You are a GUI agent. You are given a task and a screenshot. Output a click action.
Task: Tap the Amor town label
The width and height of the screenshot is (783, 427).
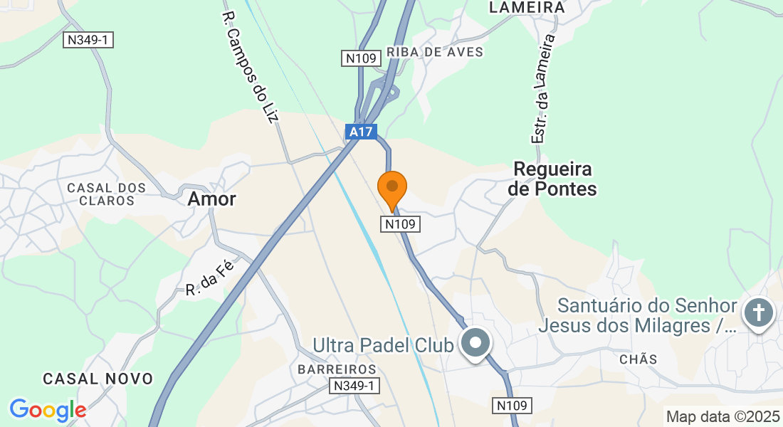211,199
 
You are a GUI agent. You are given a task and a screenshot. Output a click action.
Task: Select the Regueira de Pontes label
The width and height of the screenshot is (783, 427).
552,179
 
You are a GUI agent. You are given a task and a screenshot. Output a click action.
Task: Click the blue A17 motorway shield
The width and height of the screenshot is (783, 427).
360,132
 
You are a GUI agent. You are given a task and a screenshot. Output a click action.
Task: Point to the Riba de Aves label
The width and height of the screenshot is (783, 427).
434,52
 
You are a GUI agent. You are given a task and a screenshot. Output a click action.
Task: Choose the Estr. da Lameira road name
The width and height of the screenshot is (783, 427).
544,90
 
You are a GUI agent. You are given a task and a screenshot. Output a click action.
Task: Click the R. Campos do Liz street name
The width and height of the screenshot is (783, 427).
248,67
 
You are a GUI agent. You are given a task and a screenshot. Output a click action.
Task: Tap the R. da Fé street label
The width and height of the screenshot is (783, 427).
209,278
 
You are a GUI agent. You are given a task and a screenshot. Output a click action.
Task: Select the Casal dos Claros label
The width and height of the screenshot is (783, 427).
107,194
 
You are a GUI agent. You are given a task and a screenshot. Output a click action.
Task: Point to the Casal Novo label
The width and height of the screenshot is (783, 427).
98,379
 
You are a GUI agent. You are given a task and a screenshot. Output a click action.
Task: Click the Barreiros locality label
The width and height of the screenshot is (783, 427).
337,369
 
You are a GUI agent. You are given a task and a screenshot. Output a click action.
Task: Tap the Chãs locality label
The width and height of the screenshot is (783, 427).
639,359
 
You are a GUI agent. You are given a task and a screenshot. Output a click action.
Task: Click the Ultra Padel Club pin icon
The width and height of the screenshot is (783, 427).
476,344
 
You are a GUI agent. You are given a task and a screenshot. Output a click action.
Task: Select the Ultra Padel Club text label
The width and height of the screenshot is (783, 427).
383,346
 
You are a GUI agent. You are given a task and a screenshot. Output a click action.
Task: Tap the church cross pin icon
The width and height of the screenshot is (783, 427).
758,313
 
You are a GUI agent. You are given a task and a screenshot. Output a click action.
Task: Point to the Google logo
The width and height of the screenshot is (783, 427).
48,410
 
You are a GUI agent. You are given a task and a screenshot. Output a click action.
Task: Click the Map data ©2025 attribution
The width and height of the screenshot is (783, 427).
722,416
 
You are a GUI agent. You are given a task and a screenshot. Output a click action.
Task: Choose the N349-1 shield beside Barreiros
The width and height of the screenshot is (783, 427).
354,386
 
